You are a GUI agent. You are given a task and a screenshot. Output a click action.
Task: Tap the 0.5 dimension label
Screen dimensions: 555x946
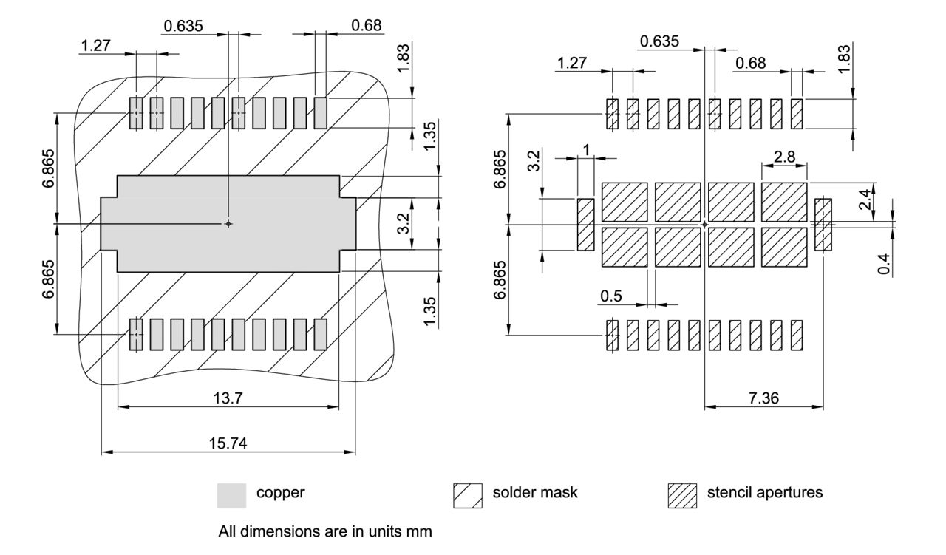click(610, 296)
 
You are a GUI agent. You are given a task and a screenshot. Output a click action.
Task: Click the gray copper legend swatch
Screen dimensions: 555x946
click(231, 494)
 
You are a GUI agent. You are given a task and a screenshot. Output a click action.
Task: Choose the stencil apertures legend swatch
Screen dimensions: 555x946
click(681, 494)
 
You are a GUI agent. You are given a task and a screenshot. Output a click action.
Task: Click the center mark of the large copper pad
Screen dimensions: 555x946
click(228, 223)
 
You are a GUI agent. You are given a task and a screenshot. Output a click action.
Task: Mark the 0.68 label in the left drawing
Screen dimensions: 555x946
click(367, 26)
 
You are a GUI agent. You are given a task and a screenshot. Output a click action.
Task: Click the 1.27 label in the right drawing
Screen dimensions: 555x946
click(571, 63)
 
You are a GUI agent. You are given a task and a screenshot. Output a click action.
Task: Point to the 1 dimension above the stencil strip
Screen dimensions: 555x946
click(586, 150)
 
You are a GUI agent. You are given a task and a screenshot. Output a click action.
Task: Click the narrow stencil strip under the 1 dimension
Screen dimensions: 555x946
click(586, 224)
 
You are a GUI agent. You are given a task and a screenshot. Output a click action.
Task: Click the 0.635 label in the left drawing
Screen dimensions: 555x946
click(185, 26)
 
